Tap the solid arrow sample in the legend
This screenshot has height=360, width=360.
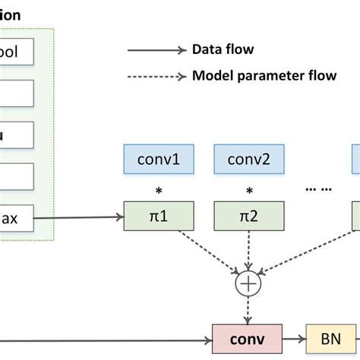point(156,50)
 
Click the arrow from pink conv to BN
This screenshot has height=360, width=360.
point(295,336)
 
